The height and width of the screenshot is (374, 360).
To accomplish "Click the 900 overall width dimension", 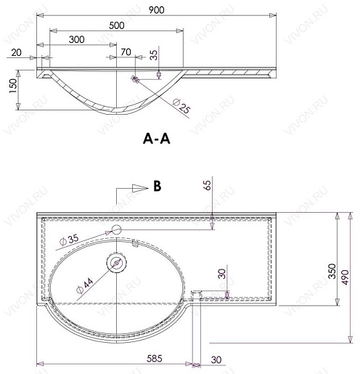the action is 156,10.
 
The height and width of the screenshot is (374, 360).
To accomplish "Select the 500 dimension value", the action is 117,25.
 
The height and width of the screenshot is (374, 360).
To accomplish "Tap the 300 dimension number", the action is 77,39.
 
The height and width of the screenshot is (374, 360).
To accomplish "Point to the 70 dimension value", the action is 126,52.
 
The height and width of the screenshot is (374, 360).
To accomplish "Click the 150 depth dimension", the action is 13,86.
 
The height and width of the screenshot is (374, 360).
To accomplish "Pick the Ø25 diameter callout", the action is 181,106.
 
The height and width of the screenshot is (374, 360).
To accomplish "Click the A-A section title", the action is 157,139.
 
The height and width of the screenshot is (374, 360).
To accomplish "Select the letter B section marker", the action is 157,187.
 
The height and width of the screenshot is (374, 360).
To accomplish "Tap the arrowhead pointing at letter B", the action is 140,188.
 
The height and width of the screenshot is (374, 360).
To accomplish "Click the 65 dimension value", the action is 208,185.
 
